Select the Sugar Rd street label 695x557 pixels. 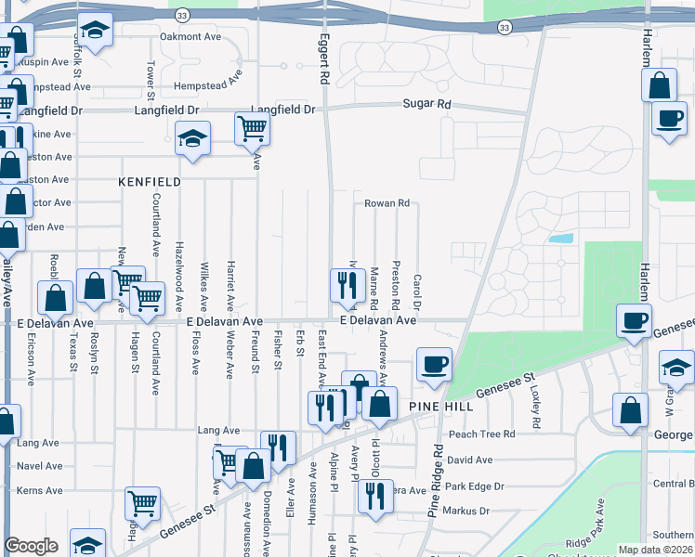pos(426,105)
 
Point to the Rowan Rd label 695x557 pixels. pos(387,203)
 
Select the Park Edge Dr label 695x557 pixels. pos(474,486)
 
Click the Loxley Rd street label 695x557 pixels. pos(535,408)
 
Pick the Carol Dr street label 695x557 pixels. pos(417,291)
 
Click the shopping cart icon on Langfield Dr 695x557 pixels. pos(252,130)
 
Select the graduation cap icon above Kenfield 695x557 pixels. pos(192,140)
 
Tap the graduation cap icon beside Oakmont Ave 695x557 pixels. pos(94,31)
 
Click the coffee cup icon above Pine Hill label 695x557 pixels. pos(434,364)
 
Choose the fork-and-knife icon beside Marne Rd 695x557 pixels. pos(347,285)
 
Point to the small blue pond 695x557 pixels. pos(560,238)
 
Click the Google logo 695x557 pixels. pos(32,546)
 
